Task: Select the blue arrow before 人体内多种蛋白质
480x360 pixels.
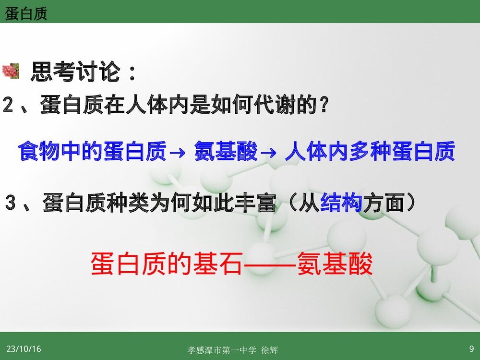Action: click(270, 153)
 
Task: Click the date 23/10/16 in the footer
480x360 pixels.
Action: click(24, 349)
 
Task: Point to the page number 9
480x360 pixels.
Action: click(471, 348)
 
